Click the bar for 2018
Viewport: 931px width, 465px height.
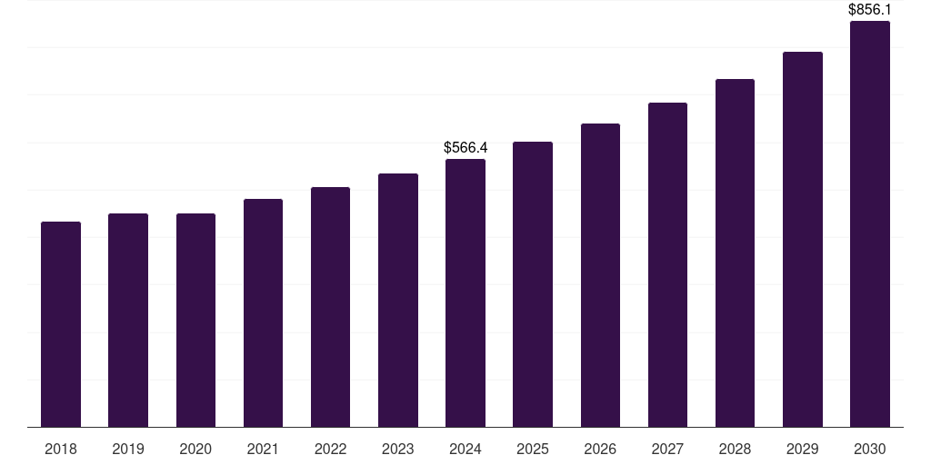pyautogui.click(x=61, y=324)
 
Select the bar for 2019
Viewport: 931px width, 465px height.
pyautogui.click(x=128, y=320)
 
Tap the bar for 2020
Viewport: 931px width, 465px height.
pyautogui.click(x=195, y=320)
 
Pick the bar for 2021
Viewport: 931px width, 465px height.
pyautogui.click(x=263, y=312)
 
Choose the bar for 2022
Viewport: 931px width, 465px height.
pyautogui.click(x=330, y=307)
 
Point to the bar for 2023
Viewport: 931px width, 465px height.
pyautogui.click(x=398, y=300)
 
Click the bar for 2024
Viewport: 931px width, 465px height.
pyautogui.click(x=465, y=292)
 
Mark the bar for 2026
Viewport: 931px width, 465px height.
pyautogui.click(x=600, y=275)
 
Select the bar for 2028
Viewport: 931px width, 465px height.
pyautogui.click(x=735, y=252)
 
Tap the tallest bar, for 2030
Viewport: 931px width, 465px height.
pyautogui.click(x=870, y=223)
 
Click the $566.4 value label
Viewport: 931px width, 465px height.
pyautogui.click(x=465, y=147)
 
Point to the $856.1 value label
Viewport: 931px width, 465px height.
pyautogui.click(x=870, y=10)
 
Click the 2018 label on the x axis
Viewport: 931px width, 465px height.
pyautogui.click(x=61, y=449)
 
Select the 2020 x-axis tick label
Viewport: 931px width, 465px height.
pyautogui.click(x=195, y=449)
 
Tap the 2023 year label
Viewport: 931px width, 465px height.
pyautogui.click(x=398, y=449)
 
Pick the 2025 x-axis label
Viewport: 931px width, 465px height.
pyautogui.click(x=533, y=449)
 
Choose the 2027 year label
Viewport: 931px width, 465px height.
pyautogui.click(x=667, y=449)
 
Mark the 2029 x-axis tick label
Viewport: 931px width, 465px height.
pyautogui.click(x=803, y=449)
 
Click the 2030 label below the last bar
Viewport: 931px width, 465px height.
pyautogui.click(x=870, y=449)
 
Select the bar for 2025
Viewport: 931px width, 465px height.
pyautogui.click(x=533, y=284)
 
